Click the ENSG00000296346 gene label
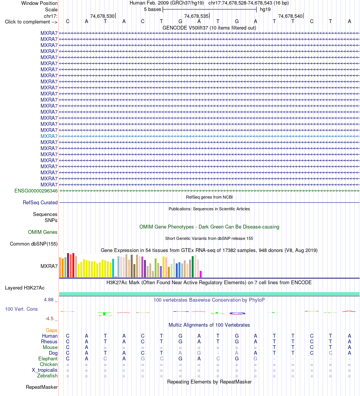point(36,191)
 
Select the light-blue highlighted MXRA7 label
point(49,136)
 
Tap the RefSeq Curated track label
point(40,202)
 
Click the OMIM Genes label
point(43,232)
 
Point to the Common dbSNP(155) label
point(34,244)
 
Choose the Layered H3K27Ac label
point(25,288)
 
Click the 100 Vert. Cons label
point(21,309)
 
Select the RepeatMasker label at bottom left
point(42,387)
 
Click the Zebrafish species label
point(47,376)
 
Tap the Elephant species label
point(48,359)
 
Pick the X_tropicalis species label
point(45,370)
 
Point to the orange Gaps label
point(52,330)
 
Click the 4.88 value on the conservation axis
point(49,300)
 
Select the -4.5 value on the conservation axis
point(49,319)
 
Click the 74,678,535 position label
point(196,16)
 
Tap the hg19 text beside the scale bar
point(265,9)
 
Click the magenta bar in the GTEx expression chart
point(200,274)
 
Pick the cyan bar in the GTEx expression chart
point(113,268)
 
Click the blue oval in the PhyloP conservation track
point(237,313)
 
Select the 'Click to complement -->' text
point(31,22)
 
